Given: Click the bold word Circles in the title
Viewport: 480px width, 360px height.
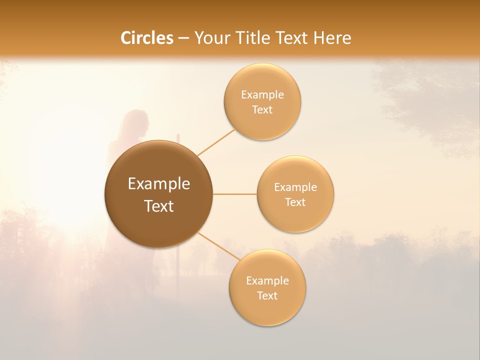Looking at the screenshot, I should [147, 38].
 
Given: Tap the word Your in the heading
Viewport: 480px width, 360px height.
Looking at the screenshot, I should [212, 38].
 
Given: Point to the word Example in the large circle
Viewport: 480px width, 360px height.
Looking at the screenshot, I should [158, 184].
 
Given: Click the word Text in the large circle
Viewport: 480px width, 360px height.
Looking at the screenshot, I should [158, 206].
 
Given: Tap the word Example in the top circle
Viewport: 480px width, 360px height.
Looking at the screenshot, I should [262, 94].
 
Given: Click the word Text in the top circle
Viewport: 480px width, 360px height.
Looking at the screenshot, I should [262, 109].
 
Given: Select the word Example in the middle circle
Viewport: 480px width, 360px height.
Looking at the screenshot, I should [295, 187].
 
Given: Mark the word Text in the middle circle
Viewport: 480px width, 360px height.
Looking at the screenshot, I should [295, 202].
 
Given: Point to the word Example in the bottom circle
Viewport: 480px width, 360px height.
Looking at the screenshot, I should [267, 280].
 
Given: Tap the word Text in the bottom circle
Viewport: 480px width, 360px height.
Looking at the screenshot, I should [267, 295].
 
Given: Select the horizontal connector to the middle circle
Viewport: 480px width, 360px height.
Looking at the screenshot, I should [235, 194].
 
